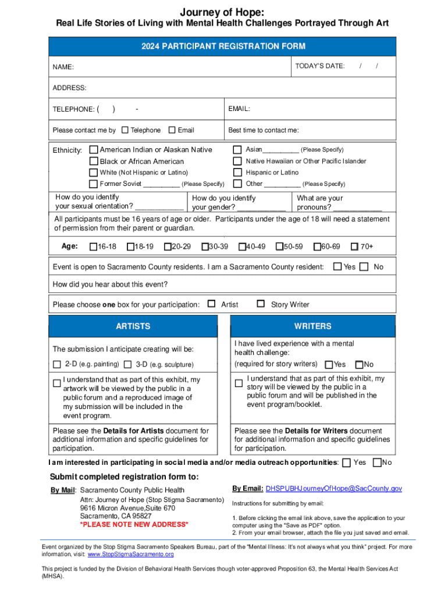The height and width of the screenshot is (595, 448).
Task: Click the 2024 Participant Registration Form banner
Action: pyautogui.click(x=223, y=46)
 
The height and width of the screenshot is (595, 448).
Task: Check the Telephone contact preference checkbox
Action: pyautogui.click(x=125, y=130)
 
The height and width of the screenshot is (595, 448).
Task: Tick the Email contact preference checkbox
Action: pyautogui.click(x=172, y=130)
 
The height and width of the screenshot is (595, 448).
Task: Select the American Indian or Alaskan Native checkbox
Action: pyautogui.click(x=94, y=150)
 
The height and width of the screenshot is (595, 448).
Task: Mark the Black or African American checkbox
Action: pyautogui.click(x=94, y=161)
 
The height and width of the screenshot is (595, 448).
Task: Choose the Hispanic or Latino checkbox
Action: pyautogui.click(x=237, y=173)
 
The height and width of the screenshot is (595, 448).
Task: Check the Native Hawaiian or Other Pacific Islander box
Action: pyautogui.click(x=237, y=161)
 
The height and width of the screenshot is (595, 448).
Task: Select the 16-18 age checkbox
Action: pyautogui.click(x=93, y=247)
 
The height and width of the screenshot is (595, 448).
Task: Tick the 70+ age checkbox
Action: pyautogui.click(x=354, y=247)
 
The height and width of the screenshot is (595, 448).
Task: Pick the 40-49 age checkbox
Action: pyautogui.click(x=242, y=247)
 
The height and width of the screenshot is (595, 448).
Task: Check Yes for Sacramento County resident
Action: pyautogui.click(x=337, y=267)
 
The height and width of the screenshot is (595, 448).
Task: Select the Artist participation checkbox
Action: pyautogui.click(x=212, y=304)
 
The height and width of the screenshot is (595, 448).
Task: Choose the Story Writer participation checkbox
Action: pyautogui.click(x=261, y=304)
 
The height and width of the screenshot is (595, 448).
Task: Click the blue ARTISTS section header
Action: pyautogui.click(x=133, y=326)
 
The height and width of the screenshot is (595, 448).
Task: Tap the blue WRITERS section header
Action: pyautogui.click(x=312, y=326)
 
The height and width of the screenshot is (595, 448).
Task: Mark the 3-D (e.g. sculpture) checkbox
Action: pyautogui.click(x=128, y=364)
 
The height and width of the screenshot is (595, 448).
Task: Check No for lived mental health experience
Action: pyautogui.click(x=358, y=364)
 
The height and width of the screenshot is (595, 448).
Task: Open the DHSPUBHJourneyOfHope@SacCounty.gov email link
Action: pyautogui.click(x=334, y=489)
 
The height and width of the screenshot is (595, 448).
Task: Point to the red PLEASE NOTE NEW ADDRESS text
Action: pyautogui.click(x=134, y=525)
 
